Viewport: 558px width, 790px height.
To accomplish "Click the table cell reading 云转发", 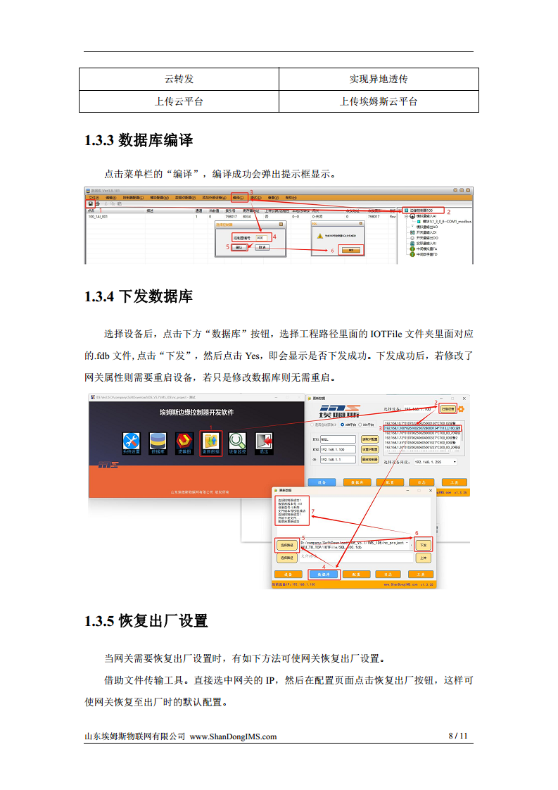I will click(x=179, y=79).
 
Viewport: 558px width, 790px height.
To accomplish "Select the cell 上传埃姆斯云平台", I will click(x=379, y=101).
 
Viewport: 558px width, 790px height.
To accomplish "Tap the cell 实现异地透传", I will click(x=379, y=79).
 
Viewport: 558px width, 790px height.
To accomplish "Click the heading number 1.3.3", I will click(x=99, y=140).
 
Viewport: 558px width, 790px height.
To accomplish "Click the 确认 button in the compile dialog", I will click(x=239, y=248).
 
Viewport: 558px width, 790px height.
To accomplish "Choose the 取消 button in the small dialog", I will click(x=262, y=248).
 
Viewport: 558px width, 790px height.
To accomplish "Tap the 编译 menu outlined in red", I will click(x=239, y=198).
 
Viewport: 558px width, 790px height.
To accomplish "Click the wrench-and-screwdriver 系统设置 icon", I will click(x=132, y=441).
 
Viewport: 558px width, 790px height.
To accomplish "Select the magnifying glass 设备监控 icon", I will click(x=238, y=441).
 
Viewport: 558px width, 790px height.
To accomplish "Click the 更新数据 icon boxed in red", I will click(x=211, y=441).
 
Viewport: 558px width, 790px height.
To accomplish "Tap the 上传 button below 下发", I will click(x=422, y=558).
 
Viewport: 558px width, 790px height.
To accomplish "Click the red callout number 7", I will click(x=312, y=511).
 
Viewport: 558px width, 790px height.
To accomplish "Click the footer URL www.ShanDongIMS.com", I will click(x=234, y=736).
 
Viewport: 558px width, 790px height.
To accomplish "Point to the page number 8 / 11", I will click(x=458, y=736).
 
